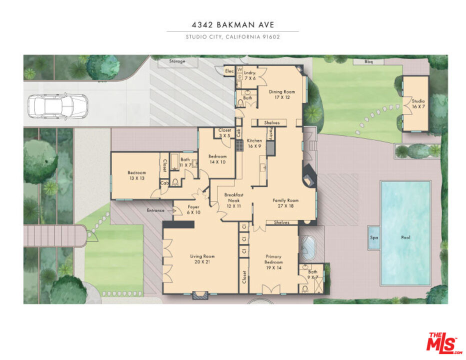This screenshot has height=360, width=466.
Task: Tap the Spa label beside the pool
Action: [373, 237]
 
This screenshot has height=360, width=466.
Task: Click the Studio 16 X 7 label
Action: [418, 104]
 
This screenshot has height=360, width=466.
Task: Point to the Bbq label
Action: [368, 62]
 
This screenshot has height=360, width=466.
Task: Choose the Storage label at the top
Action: [176, 61]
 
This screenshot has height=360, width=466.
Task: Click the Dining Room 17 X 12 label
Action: [282, 94]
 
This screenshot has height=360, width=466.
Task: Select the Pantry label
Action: [270, 132]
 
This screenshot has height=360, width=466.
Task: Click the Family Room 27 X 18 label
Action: [285, 203]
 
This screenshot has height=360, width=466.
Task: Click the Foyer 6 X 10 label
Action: [193, 209]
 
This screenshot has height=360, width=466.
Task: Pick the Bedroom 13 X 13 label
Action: [136, 175]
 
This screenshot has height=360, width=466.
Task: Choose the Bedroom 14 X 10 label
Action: [217, 159]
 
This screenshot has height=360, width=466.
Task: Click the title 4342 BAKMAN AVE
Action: [232, 24]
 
